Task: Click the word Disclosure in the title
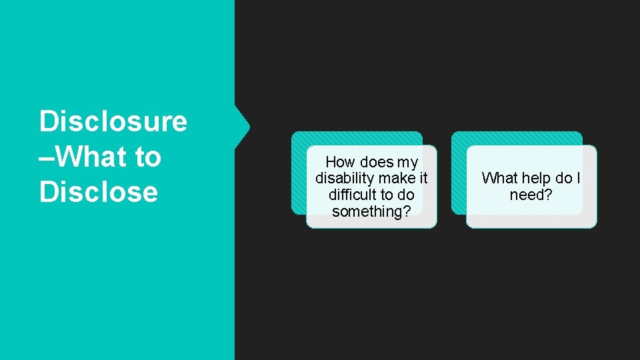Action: tap(113, 122)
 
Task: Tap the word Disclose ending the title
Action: tap(98, 192)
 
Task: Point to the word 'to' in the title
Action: tap(147, 157)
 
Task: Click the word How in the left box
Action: tap(341, 162)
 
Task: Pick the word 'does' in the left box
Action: tap(377, 162)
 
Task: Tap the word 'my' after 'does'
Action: tap(408, 162)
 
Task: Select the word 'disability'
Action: tap(345, 179)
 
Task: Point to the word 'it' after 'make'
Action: tap(423, 179)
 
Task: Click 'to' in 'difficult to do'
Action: tap(388, 195)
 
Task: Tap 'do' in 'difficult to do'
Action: tap(406, 195)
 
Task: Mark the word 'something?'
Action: tap(371, 212)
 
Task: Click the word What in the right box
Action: tap(499, 179)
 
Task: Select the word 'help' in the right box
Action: tap(536, 179)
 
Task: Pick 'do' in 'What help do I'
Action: tap(564, 179)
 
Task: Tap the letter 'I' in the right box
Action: tap(579, 179)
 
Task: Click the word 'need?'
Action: tap(531, 195)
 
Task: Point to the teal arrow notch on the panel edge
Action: tap(243, 125)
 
